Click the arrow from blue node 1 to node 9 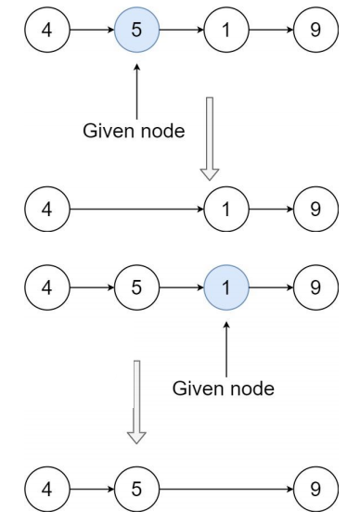(271, 287)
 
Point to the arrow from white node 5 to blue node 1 (182, 287)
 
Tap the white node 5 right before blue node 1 (136, 287)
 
